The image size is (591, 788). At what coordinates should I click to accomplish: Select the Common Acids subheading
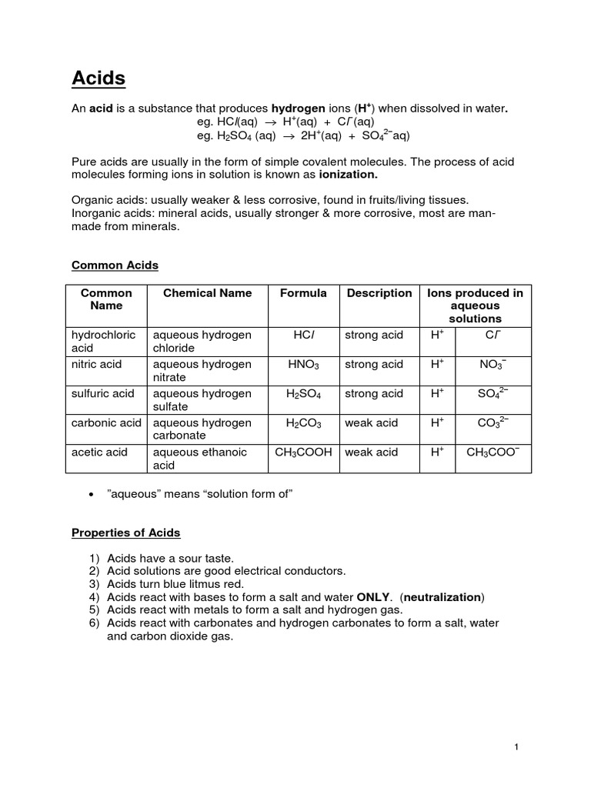click(x=115, y=265)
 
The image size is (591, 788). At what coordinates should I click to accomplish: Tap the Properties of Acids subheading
click(x=125, y=533)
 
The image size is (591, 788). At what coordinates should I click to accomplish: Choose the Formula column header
click(x=303, y=293)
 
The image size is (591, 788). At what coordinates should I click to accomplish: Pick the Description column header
click(x=379, y=293)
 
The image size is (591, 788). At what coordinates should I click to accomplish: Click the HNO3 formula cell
click(x=303, y=365)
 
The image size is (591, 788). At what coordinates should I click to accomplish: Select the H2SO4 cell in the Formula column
click(x=303, y=394)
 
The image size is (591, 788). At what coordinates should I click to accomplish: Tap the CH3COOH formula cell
click(x=303, y=452)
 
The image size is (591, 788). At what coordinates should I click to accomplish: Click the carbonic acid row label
click(x=106, y=423)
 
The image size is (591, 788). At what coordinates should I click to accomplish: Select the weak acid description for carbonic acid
click(x=372, y=423)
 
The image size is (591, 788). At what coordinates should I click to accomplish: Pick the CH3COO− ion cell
click(x=492, y=452)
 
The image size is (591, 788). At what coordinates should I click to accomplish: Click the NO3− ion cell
click(x=492, y=365)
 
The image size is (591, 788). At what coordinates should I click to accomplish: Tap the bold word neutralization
click(x=443, y=597)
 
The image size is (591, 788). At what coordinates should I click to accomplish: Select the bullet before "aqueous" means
click(x=92, y=495)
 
